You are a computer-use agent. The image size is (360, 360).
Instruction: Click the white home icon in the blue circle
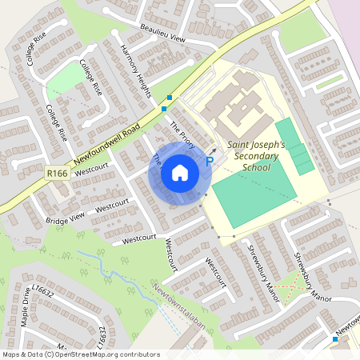[180, 173]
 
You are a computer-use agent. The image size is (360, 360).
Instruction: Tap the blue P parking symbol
[210, 162]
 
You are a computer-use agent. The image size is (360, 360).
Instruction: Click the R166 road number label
[56, 172]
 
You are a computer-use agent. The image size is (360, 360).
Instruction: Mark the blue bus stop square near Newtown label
[335, 339]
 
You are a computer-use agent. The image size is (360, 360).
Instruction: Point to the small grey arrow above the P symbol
[213, 150]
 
